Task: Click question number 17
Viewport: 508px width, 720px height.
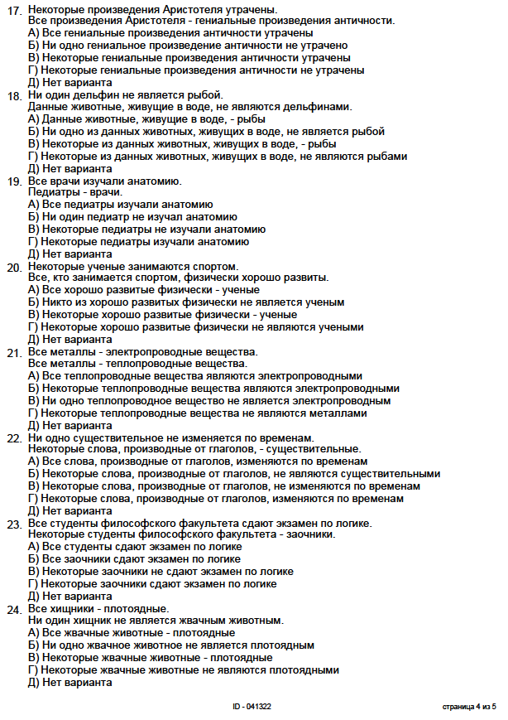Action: (14, 9)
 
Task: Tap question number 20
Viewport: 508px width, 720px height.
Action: (14, 267)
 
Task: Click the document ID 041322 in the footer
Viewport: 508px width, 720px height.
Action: (252, 707)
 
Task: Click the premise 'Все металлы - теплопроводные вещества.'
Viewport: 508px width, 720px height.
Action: (137, 364)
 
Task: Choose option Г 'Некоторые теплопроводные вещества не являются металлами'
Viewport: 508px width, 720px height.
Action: (197, 413)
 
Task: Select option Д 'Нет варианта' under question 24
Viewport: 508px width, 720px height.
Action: (69, 682)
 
